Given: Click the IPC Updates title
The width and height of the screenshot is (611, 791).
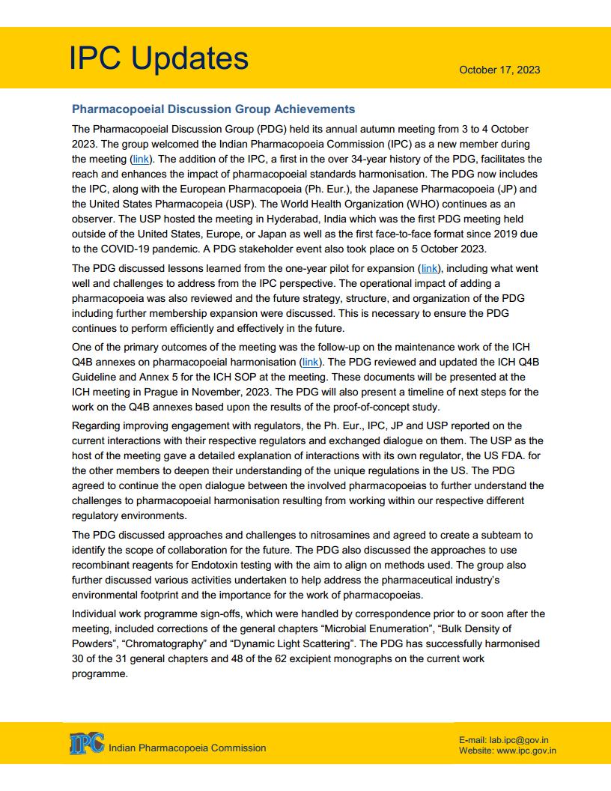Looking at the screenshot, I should point(159,58).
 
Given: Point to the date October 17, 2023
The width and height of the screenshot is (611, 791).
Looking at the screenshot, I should point(499,70).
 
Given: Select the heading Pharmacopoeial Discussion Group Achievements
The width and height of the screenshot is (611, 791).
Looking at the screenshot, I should point(213,109).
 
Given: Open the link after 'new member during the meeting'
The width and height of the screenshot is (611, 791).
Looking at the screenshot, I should point(140,160).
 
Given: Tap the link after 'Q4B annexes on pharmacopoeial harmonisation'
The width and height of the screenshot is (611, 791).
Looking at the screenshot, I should point(311,362).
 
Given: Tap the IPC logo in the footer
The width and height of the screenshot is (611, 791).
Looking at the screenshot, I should point(87,744).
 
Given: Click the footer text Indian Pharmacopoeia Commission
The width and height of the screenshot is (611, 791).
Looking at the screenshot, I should point(187,748).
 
